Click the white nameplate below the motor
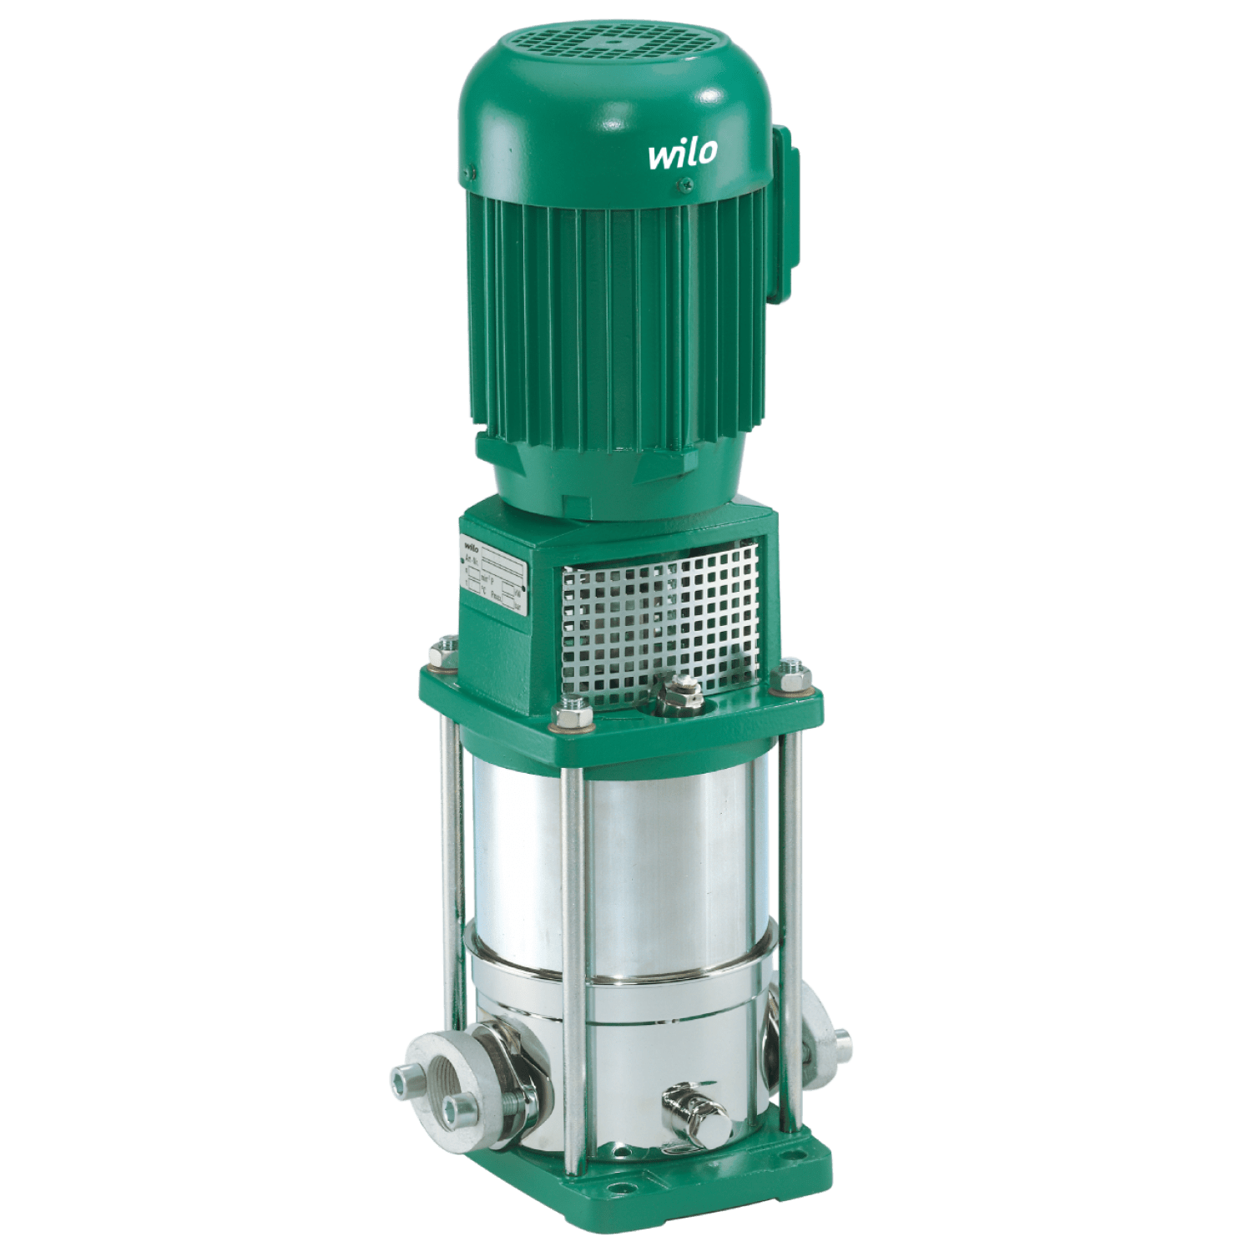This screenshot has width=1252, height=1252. pos(497,577)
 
